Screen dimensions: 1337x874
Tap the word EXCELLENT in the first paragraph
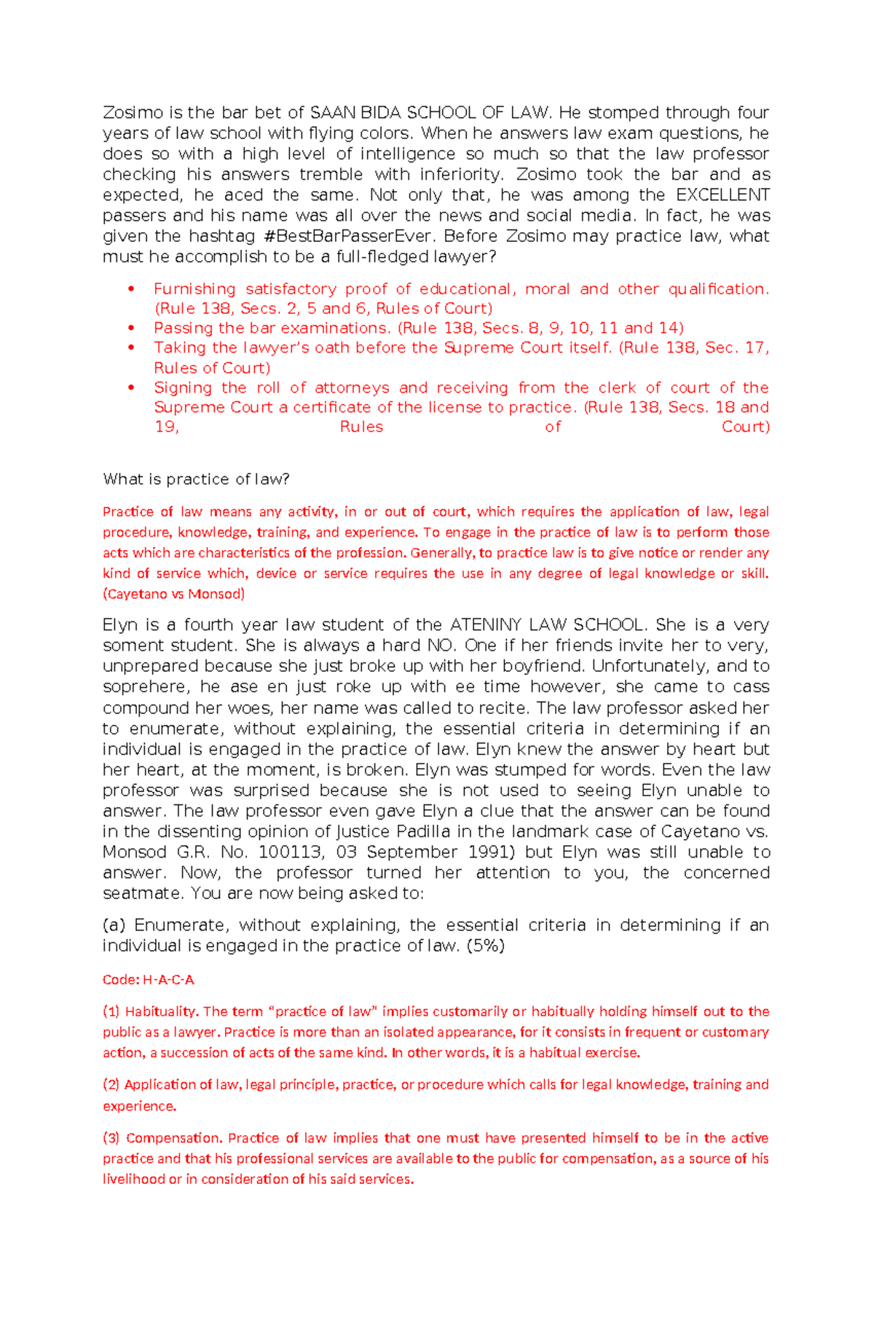(x=723, y=195)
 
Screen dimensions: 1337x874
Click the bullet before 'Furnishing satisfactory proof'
(x=131, y=289)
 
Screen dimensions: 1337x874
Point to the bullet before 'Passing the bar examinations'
(x=131, y=329)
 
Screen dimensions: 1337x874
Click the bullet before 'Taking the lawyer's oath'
(x=131, y=348)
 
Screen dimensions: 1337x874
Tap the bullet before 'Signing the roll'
(x=131, y=388)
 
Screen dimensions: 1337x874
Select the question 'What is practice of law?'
(x=197, y=479)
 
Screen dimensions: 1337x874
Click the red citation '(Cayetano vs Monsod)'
(x=173, y=594)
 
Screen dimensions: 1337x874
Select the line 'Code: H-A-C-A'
(x=149, y=980)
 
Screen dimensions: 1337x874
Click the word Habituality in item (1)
(x=161, y=1011)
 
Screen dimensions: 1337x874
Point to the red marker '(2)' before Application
(x=111, y=1085)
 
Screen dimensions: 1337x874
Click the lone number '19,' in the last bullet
(x=167, y=428)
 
